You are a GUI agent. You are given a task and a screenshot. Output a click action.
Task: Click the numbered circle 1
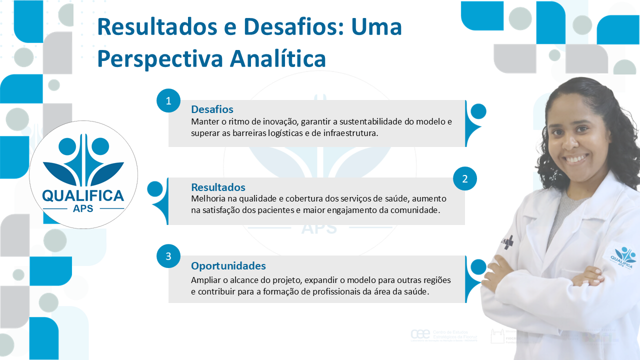(x=168, y=101)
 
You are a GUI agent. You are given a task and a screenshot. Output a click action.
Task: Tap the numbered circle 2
(x=465, y=179)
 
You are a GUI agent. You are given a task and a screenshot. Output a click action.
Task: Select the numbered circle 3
(x=168, y=256)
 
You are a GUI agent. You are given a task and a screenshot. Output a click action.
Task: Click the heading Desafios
(x=212, y=109)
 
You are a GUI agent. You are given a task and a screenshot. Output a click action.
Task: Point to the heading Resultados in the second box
(x=218, y=187)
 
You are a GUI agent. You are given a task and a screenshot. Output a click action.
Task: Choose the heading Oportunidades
(x=228, y=265)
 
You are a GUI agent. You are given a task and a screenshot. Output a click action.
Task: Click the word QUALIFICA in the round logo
(x=83, y=195)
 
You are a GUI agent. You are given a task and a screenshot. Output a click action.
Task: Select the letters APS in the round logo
(x=83, y=208)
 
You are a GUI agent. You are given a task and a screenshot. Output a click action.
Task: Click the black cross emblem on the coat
(x=508, y=242)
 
